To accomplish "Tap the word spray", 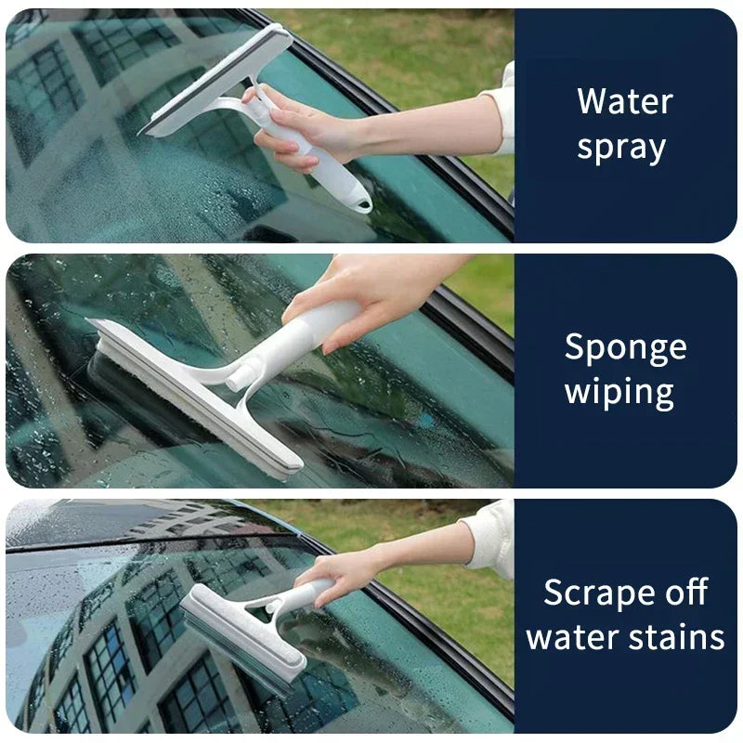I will tap(620, 149).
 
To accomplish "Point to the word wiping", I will tap(619, 392).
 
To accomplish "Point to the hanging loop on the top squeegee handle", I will tap(358, 200).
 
